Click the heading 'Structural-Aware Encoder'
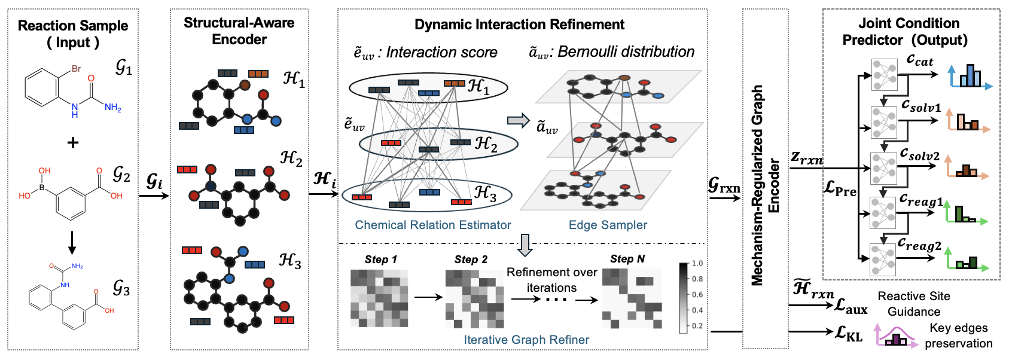click(x=239, y=31)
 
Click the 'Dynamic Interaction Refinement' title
click(x=519, y=25)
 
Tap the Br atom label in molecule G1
click(x=76, y=69)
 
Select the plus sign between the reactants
click(x=73, y=142)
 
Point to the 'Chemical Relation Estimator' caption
click(x=433, y=225)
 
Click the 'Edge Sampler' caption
click(x=608, y=225)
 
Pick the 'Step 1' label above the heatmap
click(x=381, y=260)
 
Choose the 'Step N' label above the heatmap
click(x=627, y=259)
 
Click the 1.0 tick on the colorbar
click(x=697, y=263)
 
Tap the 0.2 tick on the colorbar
click(x=697, y=326)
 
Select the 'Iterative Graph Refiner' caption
click(x=526, y=340)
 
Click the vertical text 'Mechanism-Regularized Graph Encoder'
click(x=765, y=185)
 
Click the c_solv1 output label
click(x=921, y=106)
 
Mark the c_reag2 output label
click(x=920, y=245)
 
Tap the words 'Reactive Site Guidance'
click(x=913, y=304)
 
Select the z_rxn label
click(x=806, y=158)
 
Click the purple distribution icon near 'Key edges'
click(x=897, y=337)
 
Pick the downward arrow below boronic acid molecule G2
click(x=72, y=242)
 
